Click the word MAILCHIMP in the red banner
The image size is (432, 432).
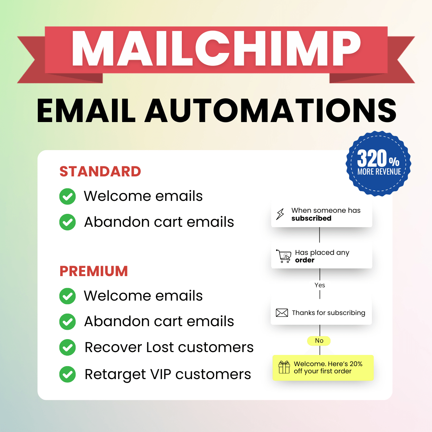tap(216, 49)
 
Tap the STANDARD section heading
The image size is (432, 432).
tap(100, 172)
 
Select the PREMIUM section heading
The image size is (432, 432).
tap(94, 271)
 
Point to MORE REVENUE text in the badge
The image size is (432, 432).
tap(379, 172)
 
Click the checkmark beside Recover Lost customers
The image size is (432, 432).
tap(68, 347)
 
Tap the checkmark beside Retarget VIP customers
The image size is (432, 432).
tap(68, 374)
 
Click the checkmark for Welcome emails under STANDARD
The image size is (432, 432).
tap(68, 197)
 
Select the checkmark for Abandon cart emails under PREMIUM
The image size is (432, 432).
tap(68, 321)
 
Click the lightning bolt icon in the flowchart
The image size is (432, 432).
tap(280, 214)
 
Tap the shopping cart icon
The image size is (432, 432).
tap(284, 256)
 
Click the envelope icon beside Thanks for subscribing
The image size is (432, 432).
tap(282, 313)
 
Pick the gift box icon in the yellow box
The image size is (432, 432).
tap(284, 367)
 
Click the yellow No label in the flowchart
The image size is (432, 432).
tap(319, 341)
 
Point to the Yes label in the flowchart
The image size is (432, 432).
tap(320, 285)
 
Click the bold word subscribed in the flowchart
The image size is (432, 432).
tap(311, 219)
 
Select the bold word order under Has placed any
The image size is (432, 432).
tap(305, 260)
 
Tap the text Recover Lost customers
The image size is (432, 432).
tap(169, 347)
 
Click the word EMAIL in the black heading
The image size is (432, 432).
tap(86, 110)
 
